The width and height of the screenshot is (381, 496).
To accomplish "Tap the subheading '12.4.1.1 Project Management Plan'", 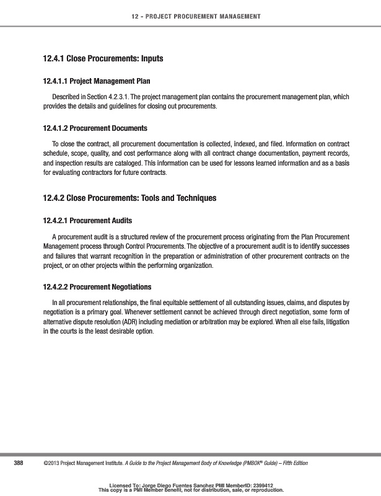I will click(96, 81).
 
